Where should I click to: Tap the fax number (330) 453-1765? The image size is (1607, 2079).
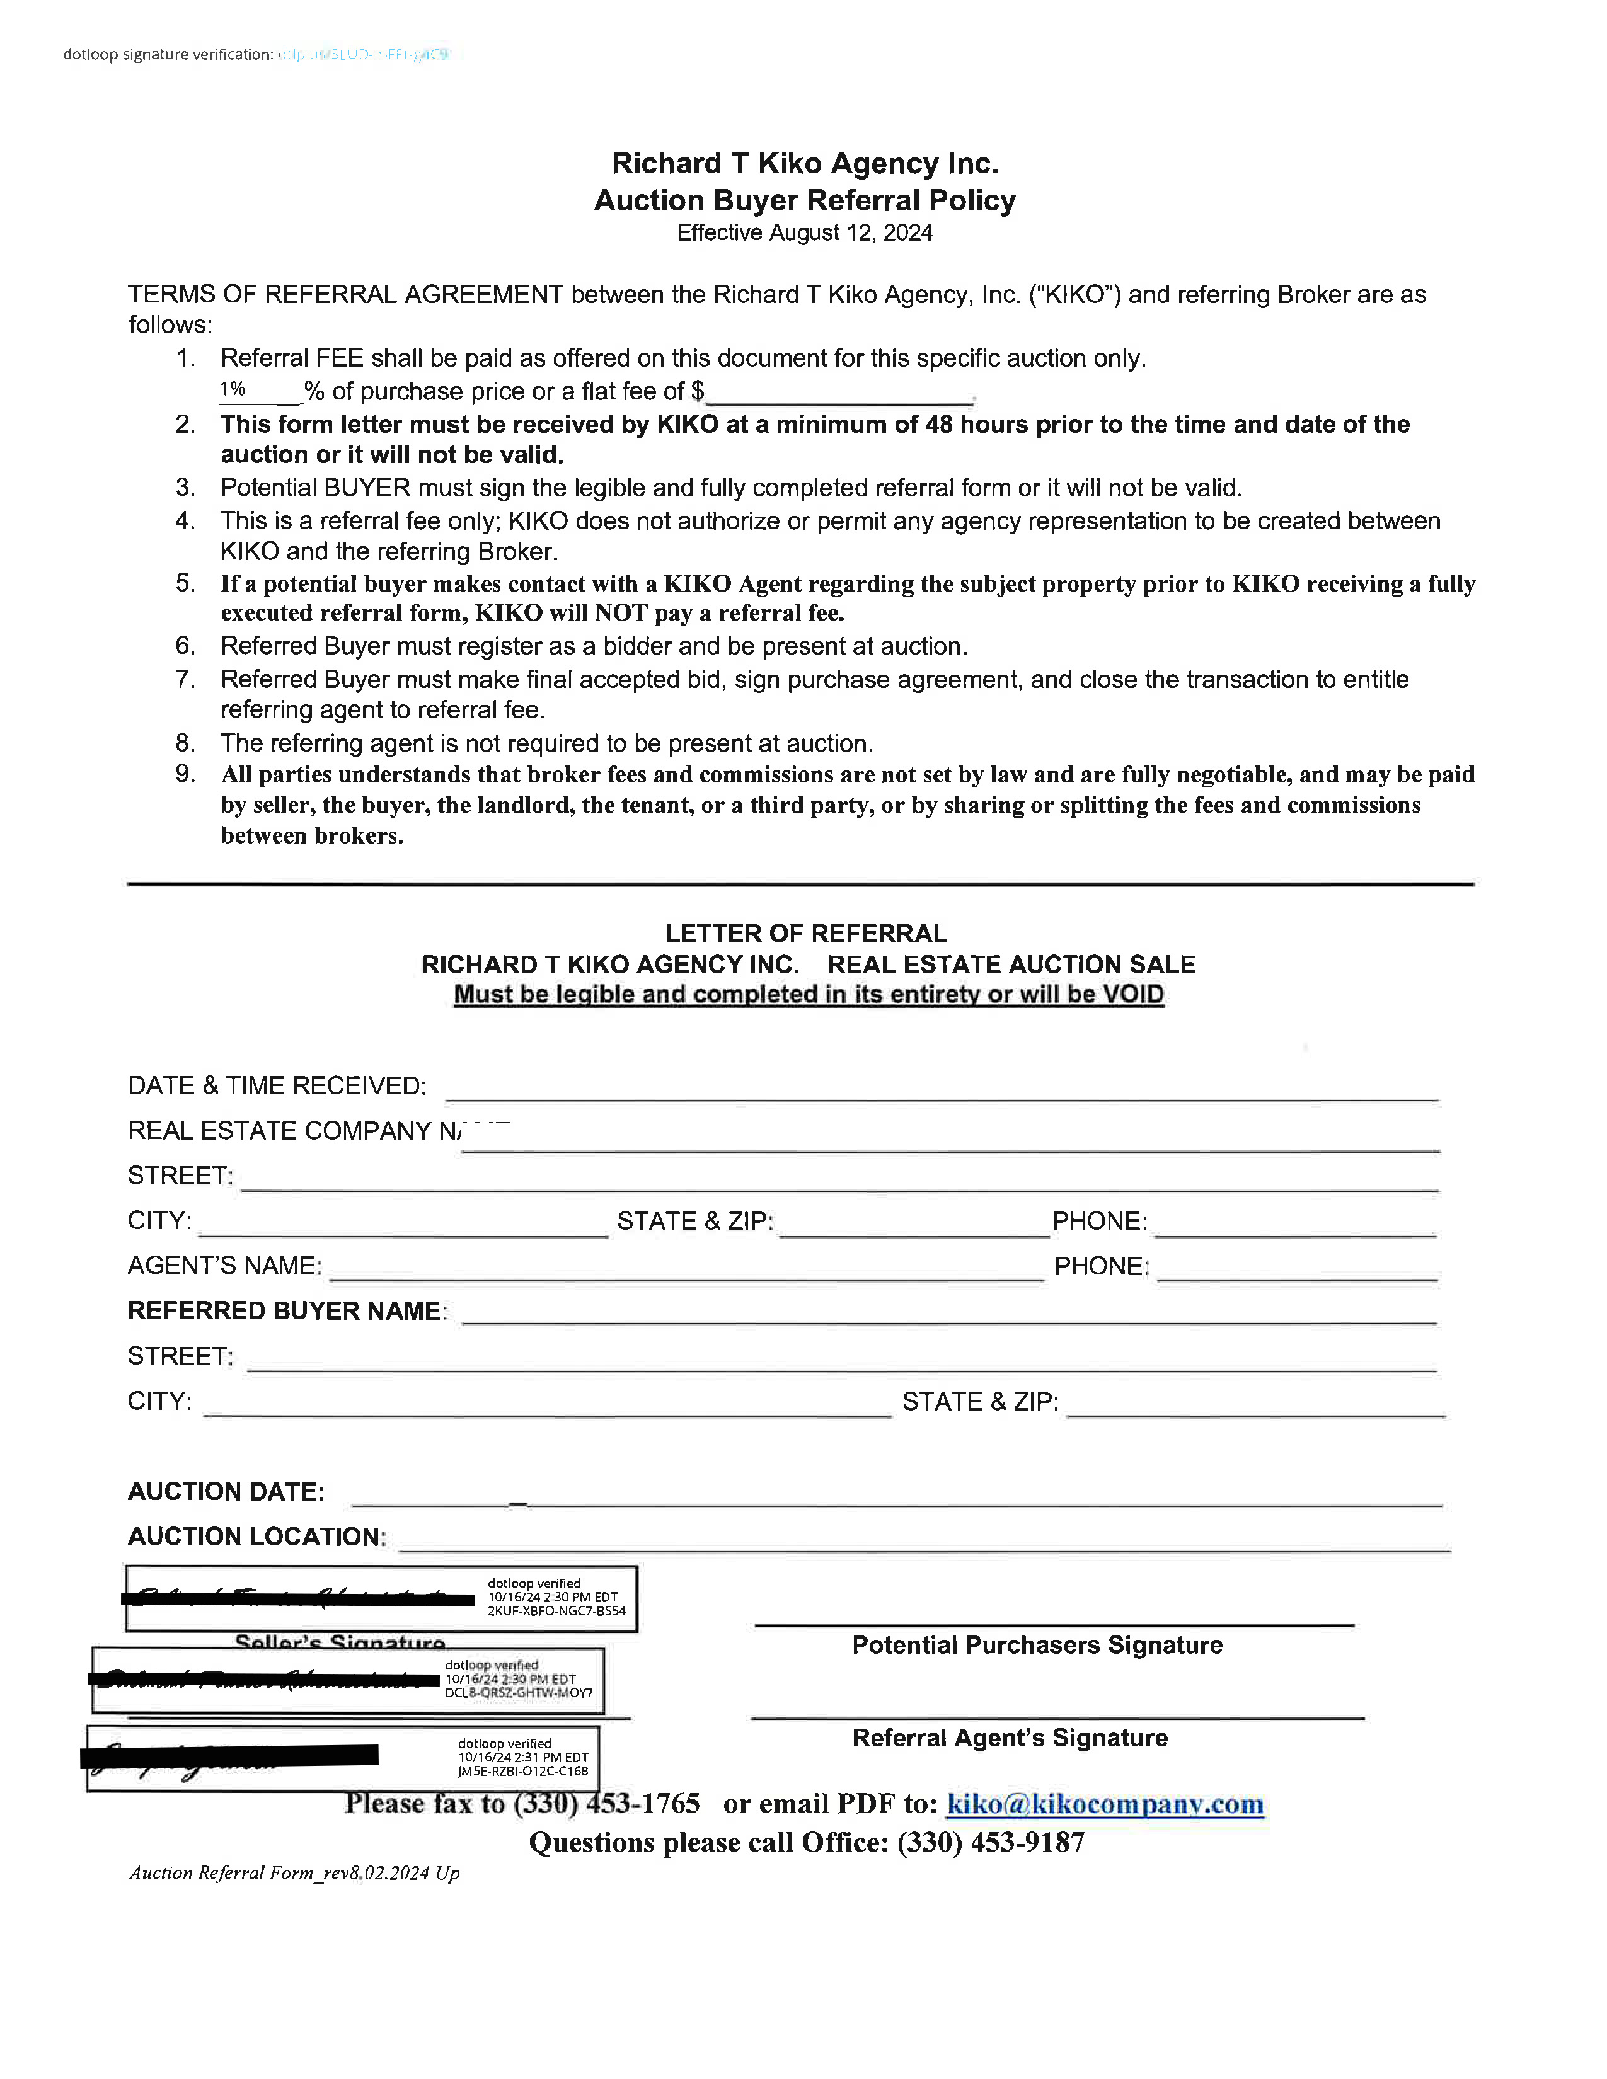tap(606, 1804)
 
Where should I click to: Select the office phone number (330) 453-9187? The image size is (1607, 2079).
tap(990, 1843)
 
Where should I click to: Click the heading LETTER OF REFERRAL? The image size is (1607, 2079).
tap(805, 933)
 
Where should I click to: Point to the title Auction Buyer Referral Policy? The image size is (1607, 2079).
tap(805, 201)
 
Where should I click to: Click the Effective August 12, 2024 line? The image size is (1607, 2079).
tap(805, 233)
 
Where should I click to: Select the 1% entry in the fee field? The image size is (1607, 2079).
tap(233, 389)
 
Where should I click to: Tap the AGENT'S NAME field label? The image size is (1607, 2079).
tap(225, 1266)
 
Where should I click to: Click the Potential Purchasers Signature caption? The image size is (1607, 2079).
tap(1037, 1645)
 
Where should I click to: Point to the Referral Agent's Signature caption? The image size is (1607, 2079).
tap(1009, 1738)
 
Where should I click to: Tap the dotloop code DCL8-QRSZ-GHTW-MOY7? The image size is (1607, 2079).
tap(519, 1693)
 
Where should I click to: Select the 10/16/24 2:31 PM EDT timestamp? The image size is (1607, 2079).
tap(522, 1757)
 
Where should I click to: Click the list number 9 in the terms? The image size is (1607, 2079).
tap(185, 774)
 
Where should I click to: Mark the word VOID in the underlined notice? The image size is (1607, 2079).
tap(1133, 995)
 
